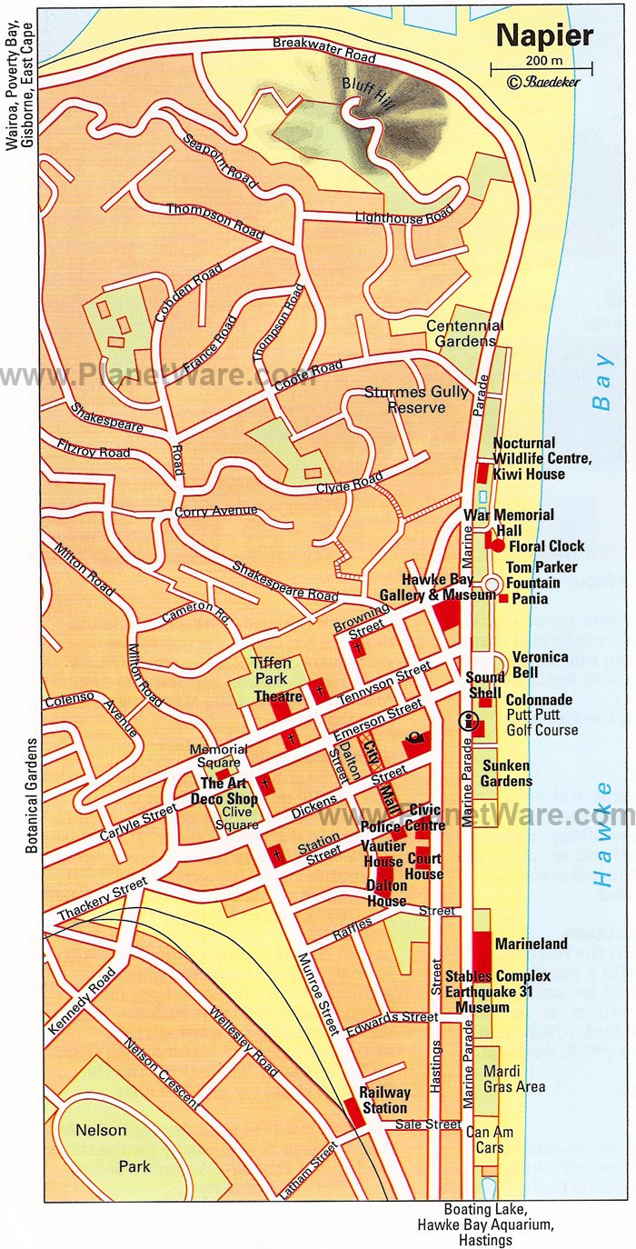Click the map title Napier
click(543, 35)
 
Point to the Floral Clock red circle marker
click(498, 545)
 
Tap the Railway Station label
click(384, 1100)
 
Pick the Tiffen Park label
click(271, 671)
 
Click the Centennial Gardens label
click(465, 333)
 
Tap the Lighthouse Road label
click(404, 216)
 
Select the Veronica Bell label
click(540, 664)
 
